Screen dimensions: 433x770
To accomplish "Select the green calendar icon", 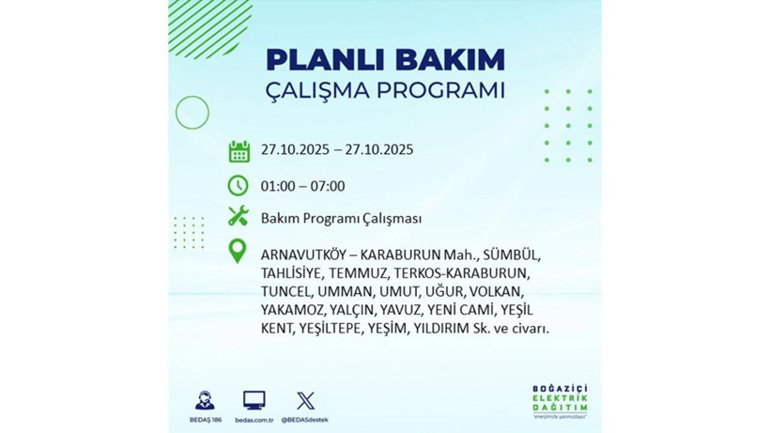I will (x=239, y=150).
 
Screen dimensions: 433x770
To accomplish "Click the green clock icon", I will (x=239, y=185).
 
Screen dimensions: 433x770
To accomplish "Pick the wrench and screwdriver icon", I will (x=239, y=217).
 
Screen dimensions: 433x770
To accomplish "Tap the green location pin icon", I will (x=239, y=251).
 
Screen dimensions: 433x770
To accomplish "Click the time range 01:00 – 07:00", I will (x=303, y=186).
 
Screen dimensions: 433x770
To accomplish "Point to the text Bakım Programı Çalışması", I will (x=341, y=218).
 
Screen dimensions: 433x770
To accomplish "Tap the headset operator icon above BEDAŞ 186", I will (x=205, y=400).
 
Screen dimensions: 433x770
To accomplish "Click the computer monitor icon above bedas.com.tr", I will (x=254, y=400).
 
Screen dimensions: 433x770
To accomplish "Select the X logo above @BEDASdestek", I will (x=305, y=400).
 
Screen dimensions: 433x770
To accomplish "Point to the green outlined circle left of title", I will (x=192, y=113).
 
